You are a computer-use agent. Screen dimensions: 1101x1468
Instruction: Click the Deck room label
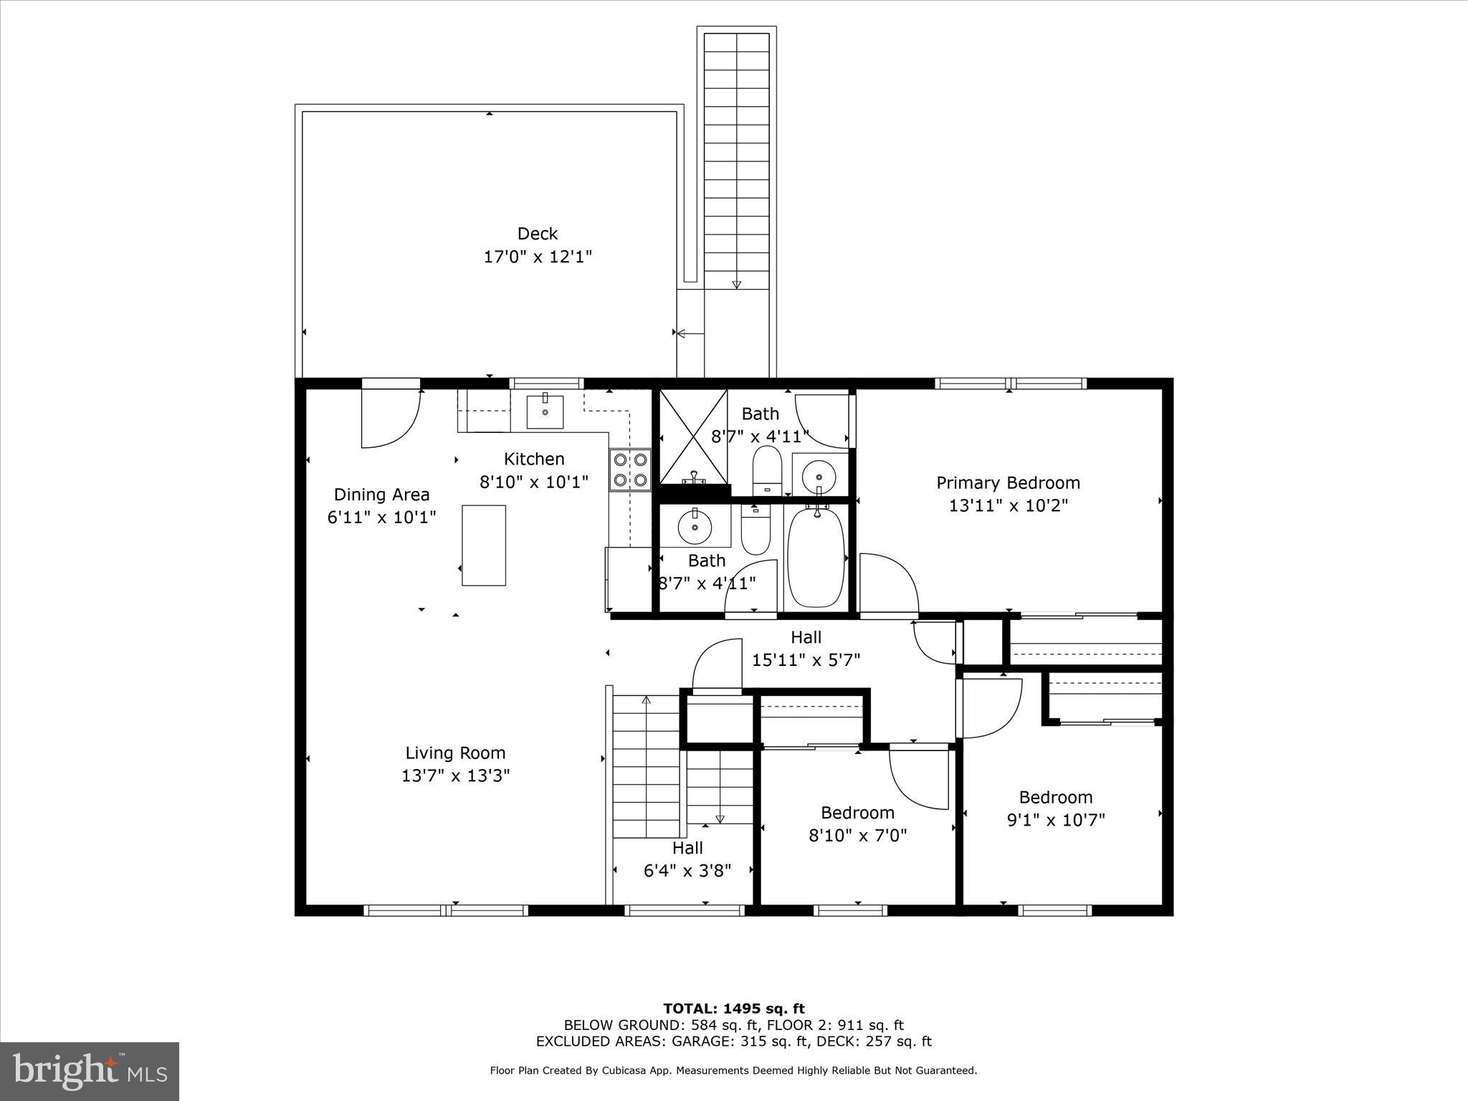[x=538, y=234]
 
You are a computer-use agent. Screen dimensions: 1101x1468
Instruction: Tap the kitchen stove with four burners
[x=630, y=470]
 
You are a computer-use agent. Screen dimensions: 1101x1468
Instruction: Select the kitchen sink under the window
[x=545, y=412]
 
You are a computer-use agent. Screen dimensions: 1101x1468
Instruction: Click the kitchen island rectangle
[x=484, y=545]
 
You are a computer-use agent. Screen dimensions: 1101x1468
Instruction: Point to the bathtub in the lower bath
[x=816, y=557]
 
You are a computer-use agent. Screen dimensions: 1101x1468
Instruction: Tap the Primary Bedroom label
[x=1008, y=483]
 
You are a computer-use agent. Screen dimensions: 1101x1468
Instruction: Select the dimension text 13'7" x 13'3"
[x=455, y=776]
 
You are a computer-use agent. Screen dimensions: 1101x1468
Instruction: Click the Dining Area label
[x=381, y=495]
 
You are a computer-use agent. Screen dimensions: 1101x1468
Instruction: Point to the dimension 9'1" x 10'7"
[x=1056, y=820]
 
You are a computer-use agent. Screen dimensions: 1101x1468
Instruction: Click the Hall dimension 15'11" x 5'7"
[x=806, y=660]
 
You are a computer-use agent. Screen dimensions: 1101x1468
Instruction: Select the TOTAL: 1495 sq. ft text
[x=733, y=1009]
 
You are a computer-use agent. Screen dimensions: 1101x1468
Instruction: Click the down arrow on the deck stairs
[x=736, y=283]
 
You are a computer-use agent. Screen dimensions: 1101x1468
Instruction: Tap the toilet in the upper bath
[x=766, y=469]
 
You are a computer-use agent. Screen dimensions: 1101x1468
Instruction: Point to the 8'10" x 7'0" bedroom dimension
[x=857, y=836]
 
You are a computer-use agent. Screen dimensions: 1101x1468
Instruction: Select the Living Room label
[x=455, y=753]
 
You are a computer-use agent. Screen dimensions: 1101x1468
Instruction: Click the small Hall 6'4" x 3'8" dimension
[x=687, y=871]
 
